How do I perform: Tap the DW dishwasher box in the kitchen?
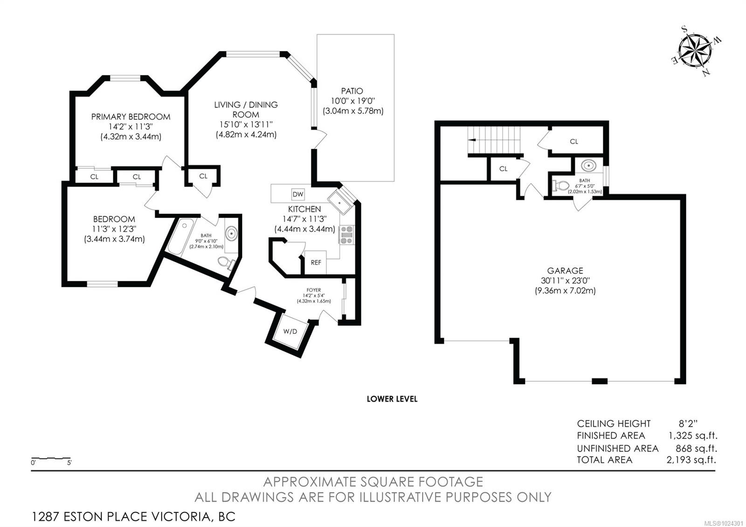(298, 194)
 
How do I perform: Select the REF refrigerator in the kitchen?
(316, 263)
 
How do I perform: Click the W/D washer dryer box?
(290, 331)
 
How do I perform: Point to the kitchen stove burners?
(347, 235)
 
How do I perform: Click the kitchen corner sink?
(340, 202)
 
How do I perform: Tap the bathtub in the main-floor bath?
(181, 236)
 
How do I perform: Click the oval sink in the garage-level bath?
(589, 166)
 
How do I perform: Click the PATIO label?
(352, 90)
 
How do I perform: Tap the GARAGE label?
(565, 270)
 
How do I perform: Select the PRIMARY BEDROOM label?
(131, 117)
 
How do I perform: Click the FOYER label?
(314, 290)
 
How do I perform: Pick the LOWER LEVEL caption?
(392, 399)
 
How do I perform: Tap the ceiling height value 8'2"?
(688, 423)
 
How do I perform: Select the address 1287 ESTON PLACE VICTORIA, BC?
(133, 517)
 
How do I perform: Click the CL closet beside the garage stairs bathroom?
(574, 142)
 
